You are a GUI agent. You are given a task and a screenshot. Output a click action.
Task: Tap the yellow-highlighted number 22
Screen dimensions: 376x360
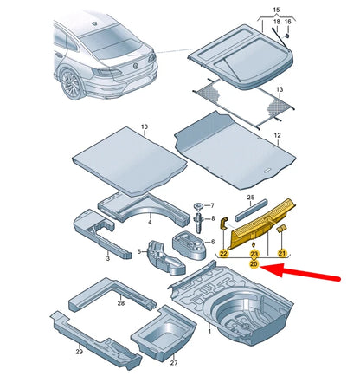tap(223, 254)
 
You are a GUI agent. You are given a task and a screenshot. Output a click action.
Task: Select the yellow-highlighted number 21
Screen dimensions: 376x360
tap(281, 253)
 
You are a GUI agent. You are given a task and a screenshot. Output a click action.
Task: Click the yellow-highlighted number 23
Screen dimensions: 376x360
tap(254, 254)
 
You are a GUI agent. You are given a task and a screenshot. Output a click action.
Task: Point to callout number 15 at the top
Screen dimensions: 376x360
tap(277, 9)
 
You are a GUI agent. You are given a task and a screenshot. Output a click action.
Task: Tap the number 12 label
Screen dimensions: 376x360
tap(278, 136)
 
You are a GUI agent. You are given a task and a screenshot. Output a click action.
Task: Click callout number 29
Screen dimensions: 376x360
tap(80, 353)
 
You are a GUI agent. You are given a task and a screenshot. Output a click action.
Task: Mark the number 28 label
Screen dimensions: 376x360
tap(120, 303)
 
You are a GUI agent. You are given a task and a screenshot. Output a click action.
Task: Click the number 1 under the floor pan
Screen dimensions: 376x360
tap(208, 331)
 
